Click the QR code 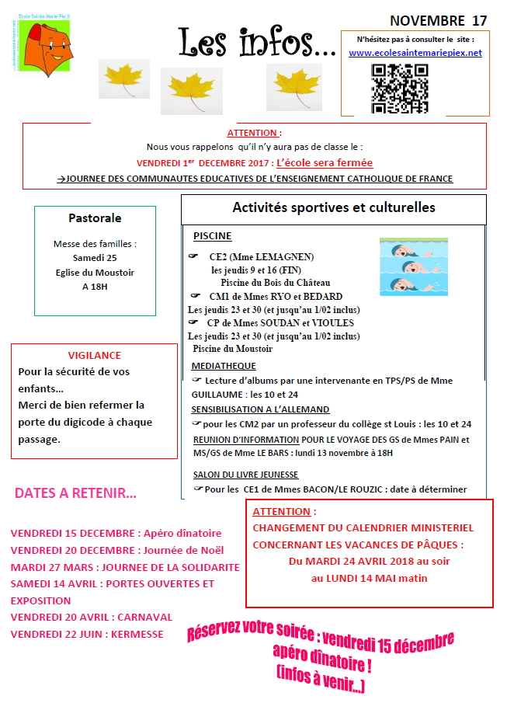tap(400, 86)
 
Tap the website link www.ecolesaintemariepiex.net tap(415, 53)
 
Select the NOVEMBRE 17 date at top tap(439, 20)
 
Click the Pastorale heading tap(95, 218)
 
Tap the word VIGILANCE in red tap(94, 354)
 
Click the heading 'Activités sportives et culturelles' tap(334, 207)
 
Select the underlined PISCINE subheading tap(212, 236)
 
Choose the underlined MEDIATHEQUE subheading tap(224, 366)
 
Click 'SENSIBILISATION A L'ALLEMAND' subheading tap(260, 409)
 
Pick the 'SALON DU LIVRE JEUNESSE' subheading tap(245, 475)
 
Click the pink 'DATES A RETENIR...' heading tap(75, 493)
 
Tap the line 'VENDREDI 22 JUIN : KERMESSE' tap(87, 634)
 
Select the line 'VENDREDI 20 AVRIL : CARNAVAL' tap(92, 617)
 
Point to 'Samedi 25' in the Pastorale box tap(94, 258)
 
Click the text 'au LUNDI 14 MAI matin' tap(369, 578)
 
